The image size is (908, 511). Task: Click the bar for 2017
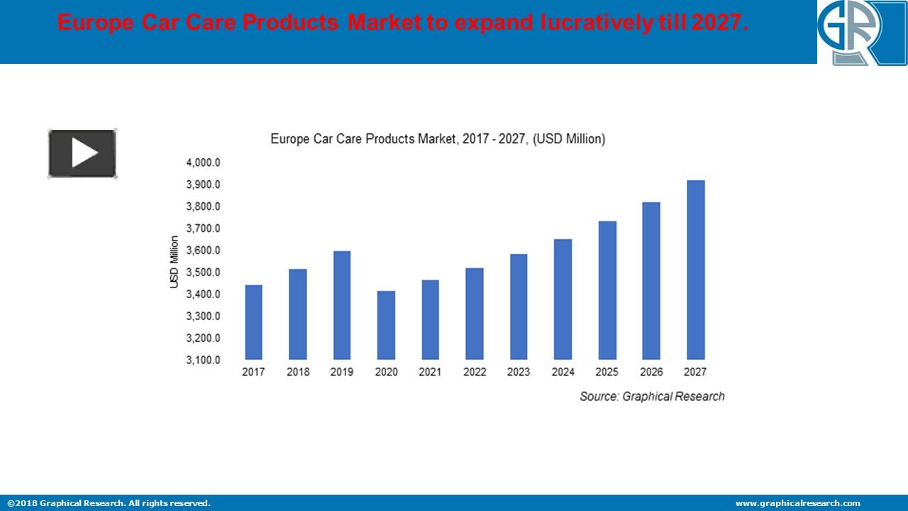click(253, 322)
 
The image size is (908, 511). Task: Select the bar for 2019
click(341, 305)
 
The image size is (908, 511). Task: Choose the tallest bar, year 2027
click(695, 270)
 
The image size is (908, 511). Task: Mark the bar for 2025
click(607, 290)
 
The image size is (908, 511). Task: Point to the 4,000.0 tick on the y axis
click(204, 163)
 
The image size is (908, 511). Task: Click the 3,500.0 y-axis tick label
click(204, 273)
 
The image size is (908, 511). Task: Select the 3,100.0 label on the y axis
click(204, 360)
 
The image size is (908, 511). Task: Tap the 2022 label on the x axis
click(475, 372)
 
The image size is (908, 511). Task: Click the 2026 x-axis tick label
click(651, 372)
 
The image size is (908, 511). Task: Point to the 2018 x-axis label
click(298, 372)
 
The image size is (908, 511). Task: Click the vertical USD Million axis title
click(174, 262)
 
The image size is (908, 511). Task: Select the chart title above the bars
click(438, 139)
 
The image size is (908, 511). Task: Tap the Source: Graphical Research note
click(652, 396)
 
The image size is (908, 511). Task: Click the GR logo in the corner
click(862, 33)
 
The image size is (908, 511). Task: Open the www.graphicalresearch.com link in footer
click(797, 503)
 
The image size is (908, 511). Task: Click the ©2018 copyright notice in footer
click(109, 503)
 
